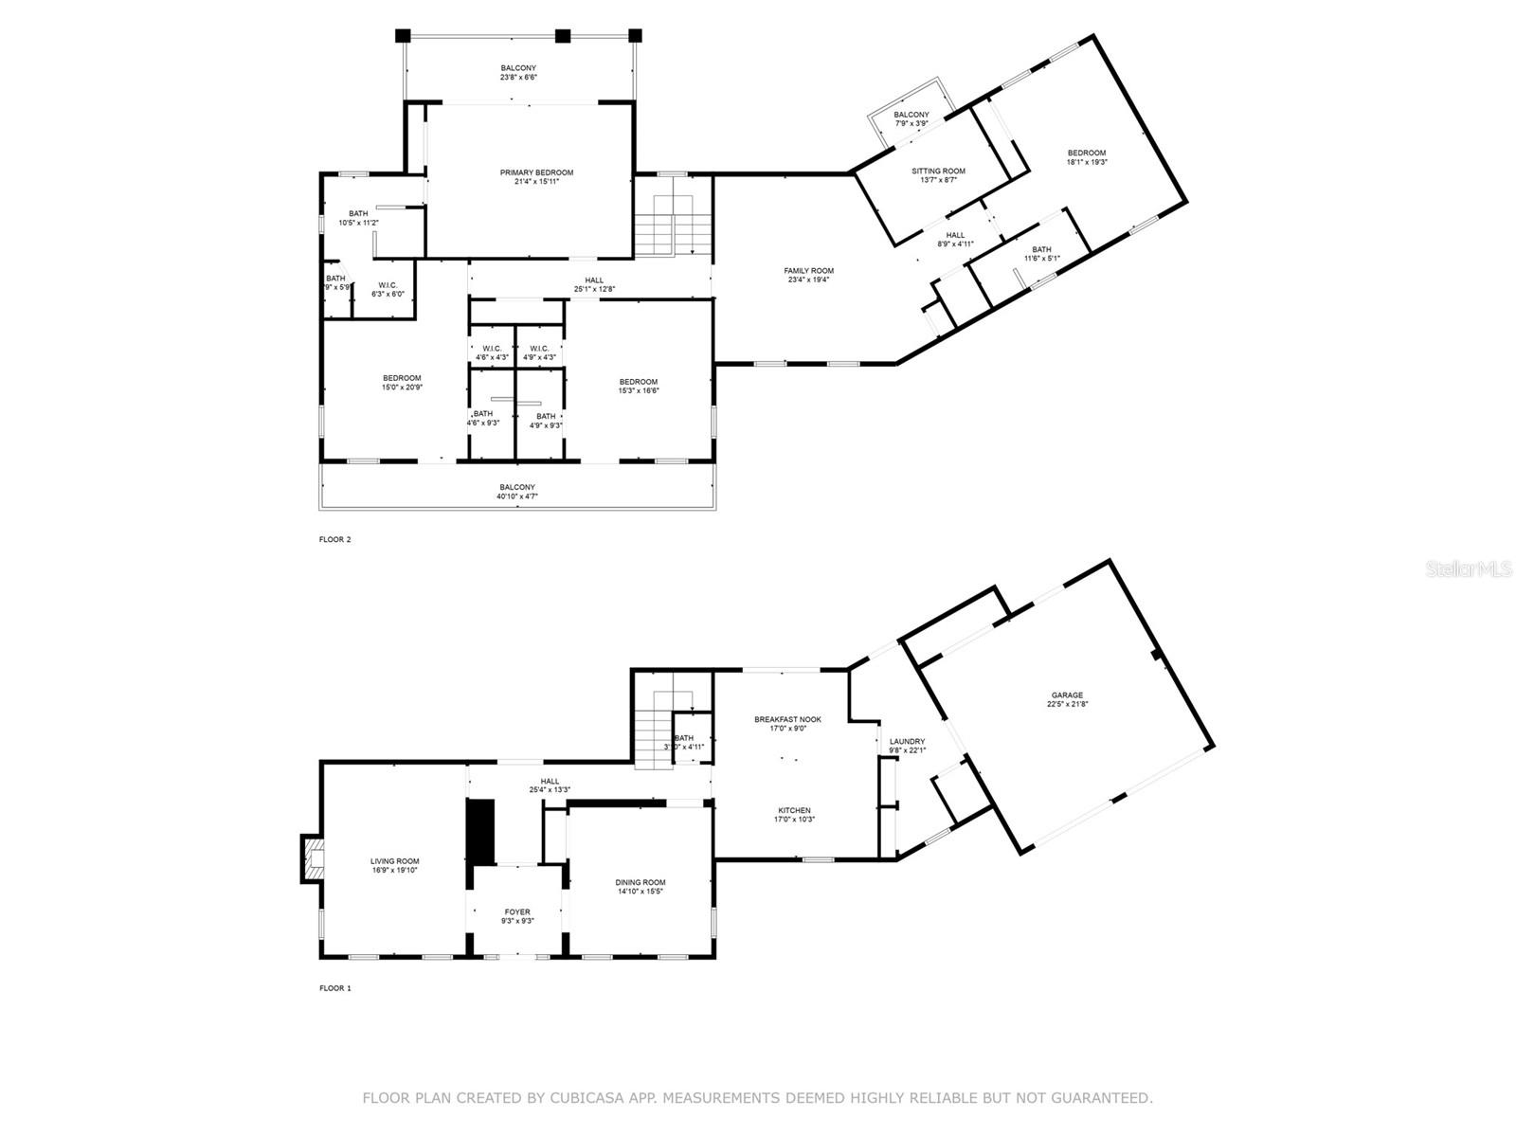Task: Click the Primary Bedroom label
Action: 536,172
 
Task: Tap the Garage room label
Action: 1066,695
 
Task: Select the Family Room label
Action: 808,271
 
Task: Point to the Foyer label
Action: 517,911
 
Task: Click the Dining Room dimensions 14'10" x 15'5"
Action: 641,892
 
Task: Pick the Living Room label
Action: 394,861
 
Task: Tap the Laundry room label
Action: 907,741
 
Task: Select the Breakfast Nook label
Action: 787,719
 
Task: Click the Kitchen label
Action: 794,810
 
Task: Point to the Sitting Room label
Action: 938,171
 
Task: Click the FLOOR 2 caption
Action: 334,540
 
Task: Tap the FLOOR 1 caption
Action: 334,988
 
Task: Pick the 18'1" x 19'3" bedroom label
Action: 1086,153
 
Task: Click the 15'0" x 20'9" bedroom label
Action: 402,378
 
